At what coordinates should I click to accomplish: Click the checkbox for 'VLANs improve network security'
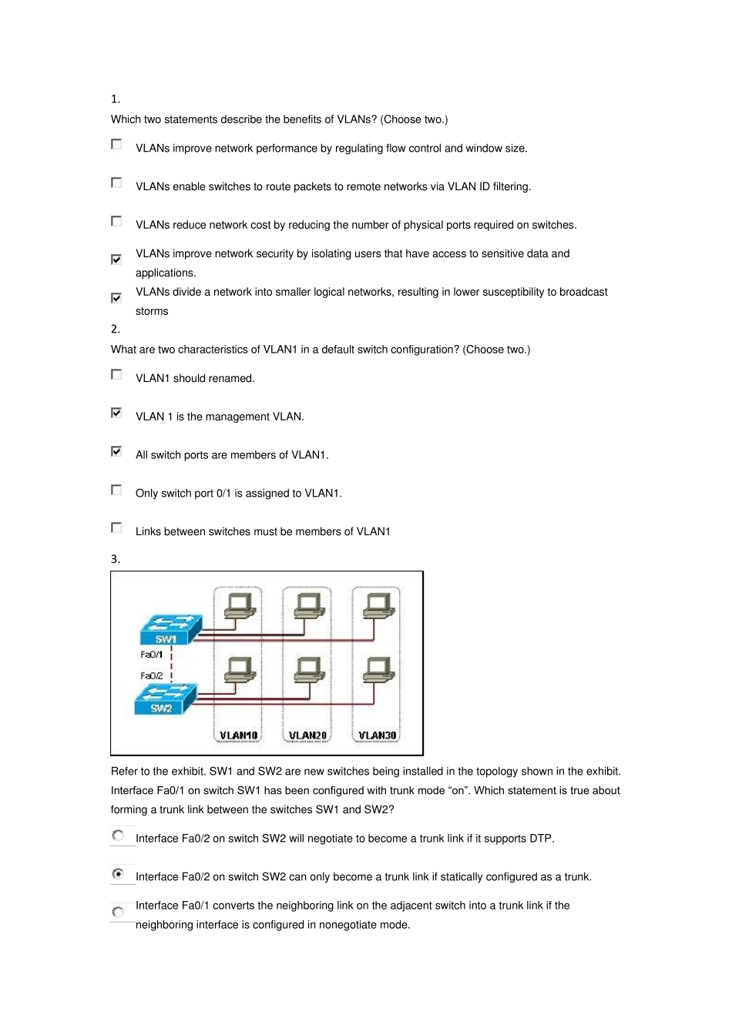coord(116,260)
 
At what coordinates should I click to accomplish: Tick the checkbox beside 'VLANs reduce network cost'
coord(116,221)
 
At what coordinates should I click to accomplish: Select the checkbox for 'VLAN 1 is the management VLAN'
coord(116,413)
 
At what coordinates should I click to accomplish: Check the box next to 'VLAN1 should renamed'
coord(116,374)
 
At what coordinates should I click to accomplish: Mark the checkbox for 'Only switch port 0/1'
coord(116,490)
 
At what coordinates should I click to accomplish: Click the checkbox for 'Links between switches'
coord(116,528)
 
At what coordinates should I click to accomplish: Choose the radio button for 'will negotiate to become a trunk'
coord(118,836)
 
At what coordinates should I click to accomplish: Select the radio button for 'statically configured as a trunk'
coord(118,874)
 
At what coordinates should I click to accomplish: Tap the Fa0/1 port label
coord(151,655)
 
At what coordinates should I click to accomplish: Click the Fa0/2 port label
coord(151,676)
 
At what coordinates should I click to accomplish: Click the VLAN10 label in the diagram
coord(238,735)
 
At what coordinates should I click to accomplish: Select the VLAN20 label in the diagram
coord(307,735)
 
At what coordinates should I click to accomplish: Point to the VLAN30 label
coord(377,735)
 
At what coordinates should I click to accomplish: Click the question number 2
coord(116,330)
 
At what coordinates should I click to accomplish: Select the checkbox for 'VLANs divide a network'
coord(116,298)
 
